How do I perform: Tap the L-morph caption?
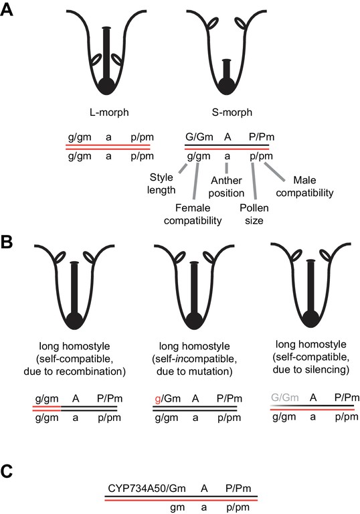[109, 112]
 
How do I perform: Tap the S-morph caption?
[232, 112]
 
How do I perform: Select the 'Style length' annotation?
[161, 183]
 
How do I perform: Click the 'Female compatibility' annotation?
[193, 214]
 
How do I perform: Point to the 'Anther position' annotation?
[226, 187]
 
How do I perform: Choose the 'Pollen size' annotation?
[254, 214]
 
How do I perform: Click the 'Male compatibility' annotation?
[304, 186]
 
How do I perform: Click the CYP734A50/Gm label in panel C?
[147, 488]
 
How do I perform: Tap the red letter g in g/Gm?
[158, 400]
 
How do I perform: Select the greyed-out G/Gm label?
[285, 398]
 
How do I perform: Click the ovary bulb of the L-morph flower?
[106, 86]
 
